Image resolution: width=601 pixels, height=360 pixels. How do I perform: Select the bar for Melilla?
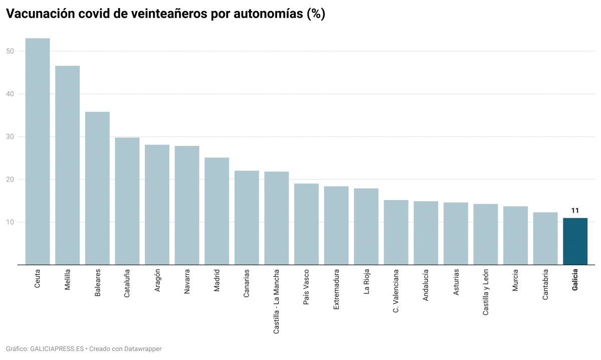pyautogui.click(x=67, y=165)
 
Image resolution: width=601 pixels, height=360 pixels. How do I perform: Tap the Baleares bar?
pyautogui.click(x=97, y=189)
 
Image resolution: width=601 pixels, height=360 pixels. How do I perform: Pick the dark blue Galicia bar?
pyautogui.click(x=575, y=241)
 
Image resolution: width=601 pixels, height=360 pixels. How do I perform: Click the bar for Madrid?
pyautogui.click(x=217, y=211)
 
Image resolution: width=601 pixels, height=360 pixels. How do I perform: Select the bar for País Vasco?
pyautogui.click(x=306, y=224)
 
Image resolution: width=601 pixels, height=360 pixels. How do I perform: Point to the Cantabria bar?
pyautogui.click(x=545, y=239)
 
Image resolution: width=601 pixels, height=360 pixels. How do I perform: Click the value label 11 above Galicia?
pyautogui.click(x=575, y=211)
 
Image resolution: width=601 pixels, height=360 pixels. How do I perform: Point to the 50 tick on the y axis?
pyautogui.click(x=10, y=51)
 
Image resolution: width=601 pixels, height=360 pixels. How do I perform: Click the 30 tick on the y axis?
pyautogui.click(x=10, y=137)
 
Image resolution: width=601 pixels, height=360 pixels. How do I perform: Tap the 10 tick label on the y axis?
pyautogui.click(x=10, y=222)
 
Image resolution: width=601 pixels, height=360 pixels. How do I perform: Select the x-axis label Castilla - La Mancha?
pyautogui.click(x=277, y=302)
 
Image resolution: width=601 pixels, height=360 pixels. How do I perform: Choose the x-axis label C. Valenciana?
pyautogui.click(x=396, y=291)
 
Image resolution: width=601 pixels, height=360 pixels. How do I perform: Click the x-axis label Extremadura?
pyautogui.click(x=336, y=290)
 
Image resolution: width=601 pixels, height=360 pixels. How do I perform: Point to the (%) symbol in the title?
pyautogui.click(x=316, y=14)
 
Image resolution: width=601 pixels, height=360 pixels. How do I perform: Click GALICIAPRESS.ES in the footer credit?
pyautogui.click(x=57, y=348)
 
